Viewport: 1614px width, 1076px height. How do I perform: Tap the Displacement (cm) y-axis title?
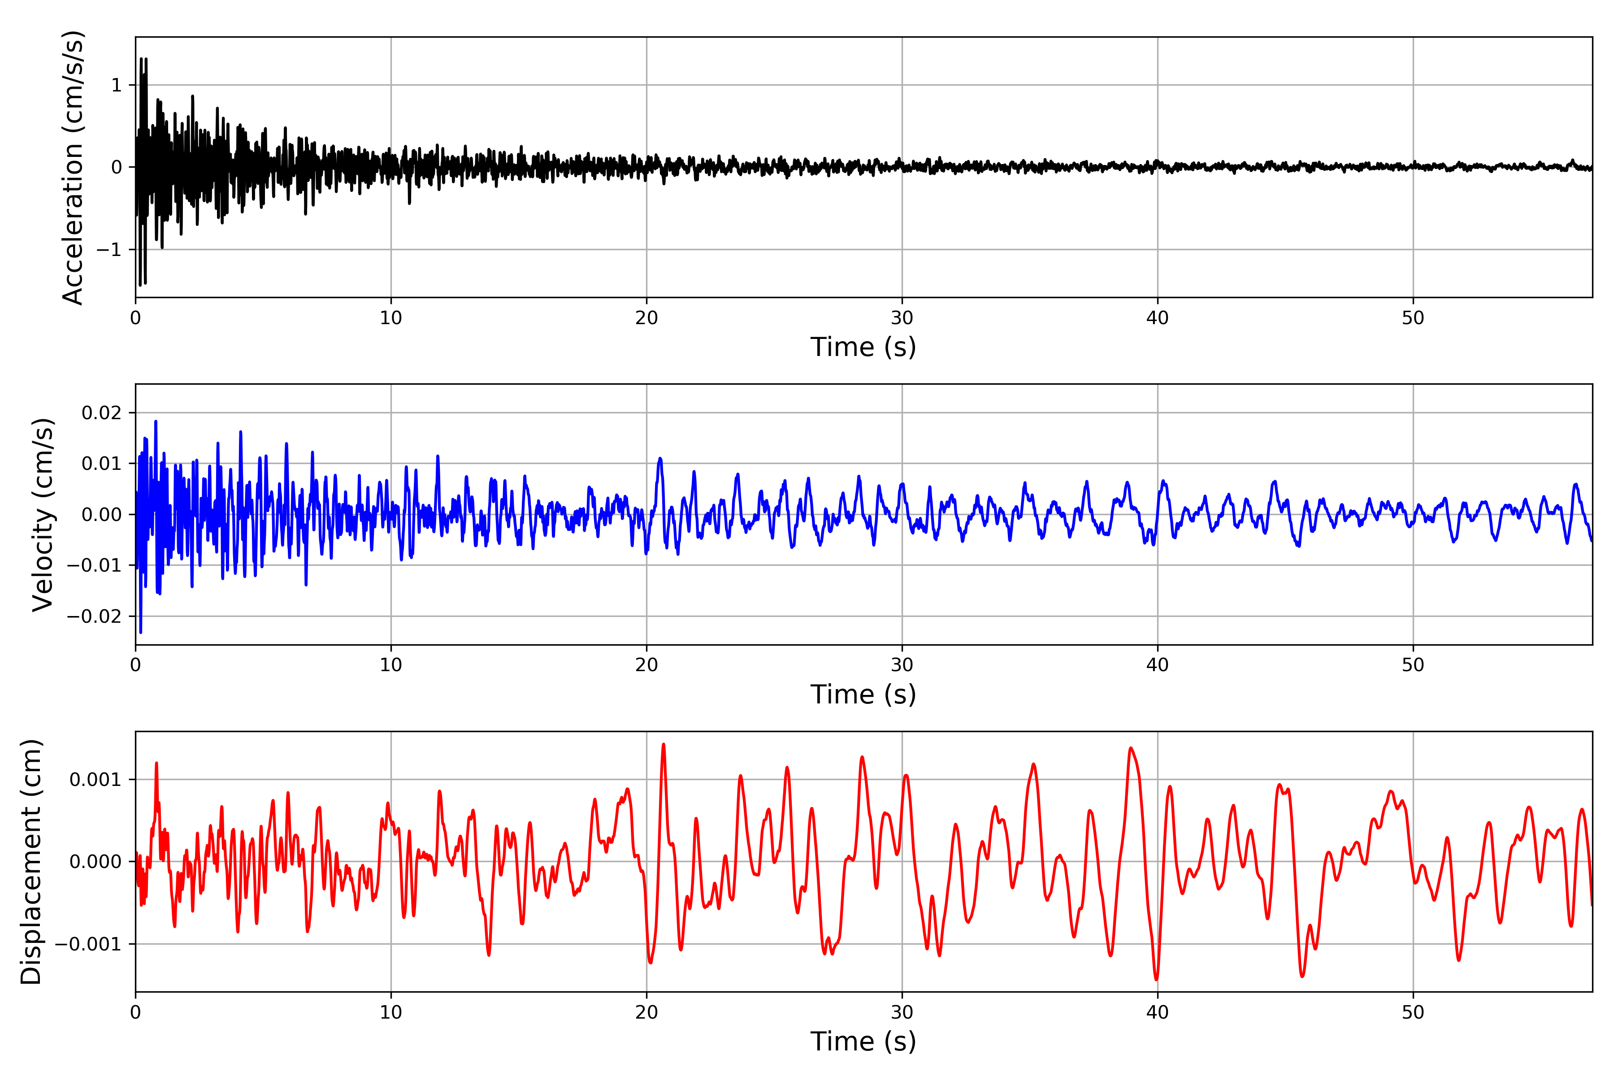point(31,861)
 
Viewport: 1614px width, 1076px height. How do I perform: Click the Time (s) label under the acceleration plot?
point(863,347)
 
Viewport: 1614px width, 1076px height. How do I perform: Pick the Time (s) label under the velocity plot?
point(863,694)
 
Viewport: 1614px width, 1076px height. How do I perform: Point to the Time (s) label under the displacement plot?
point(863,1041)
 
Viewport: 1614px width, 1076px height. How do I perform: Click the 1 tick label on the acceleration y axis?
point(117,85)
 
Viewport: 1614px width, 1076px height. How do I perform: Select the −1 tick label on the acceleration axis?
point(108,250)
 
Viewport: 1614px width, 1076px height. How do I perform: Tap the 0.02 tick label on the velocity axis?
point(102,413)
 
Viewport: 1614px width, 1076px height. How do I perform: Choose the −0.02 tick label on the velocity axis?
point(94,616)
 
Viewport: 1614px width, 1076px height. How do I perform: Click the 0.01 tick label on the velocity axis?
point(102,464)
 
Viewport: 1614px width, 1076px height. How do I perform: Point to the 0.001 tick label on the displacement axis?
point(95,780)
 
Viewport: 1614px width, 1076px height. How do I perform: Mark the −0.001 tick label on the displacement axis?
point(88,944)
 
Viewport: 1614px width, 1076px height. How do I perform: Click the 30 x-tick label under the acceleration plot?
point(902,318)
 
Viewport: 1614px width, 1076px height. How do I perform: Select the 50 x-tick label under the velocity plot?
point(1413,665)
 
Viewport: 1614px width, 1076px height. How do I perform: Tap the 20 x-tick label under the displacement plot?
point(646,1012)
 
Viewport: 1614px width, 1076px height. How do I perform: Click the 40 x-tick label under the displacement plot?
point(1157,1012)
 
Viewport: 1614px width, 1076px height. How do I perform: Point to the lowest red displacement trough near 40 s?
point(1156,979)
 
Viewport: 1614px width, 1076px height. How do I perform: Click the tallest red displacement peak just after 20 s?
point(663,745)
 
